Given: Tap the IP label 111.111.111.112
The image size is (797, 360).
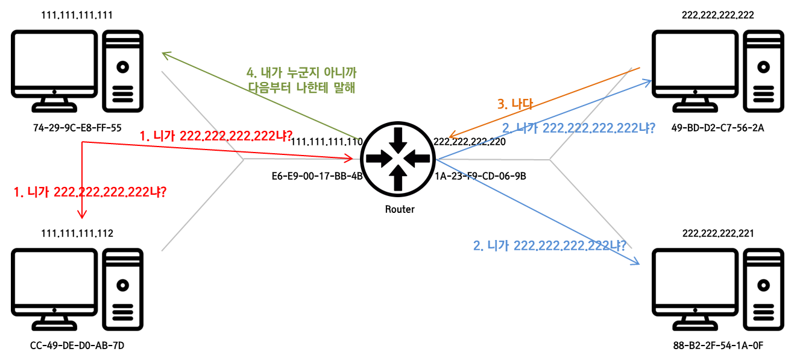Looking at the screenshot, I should (x=77, y=233).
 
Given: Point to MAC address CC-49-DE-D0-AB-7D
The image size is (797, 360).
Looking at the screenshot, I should (x=77, y=346).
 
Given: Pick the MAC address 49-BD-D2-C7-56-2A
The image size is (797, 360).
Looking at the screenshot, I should (x=717, y=128).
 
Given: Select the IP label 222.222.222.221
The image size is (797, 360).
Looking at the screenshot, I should (x=717, y=233).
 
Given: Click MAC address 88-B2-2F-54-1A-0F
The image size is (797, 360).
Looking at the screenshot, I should (x=717, y=346).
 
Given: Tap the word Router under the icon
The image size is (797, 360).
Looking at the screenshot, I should (x=400, y=210).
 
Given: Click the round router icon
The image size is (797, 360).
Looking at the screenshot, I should (x=397, y=159).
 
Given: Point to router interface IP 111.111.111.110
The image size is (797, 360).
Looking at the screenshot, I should (x=326, y=142).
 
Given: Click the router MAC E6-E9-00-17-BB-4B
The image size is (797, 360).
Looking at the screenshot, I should (x=317, y=177).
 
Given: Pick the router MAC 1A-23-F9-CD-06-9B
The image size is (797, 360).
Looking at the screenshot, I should (x=480, y=177).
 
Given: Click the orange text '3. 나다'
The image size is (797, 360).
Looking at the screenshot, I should (x=515, y=104).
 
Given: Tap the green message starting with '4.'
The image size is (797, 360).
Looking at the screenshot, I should (x=301, y=80).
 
